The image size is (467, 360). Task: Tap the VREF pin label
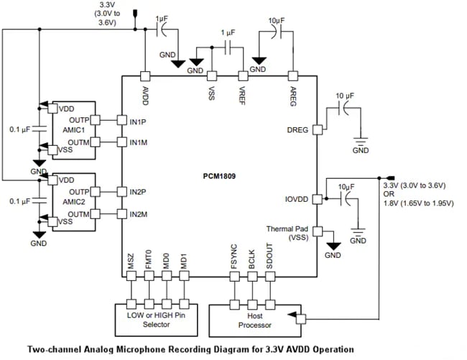click(x=243, y=95)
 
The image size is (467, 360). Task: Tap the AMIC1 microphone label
click(x=75, y=130)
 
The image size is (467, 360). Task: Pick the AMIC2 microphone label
click(x=75, y=203)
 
